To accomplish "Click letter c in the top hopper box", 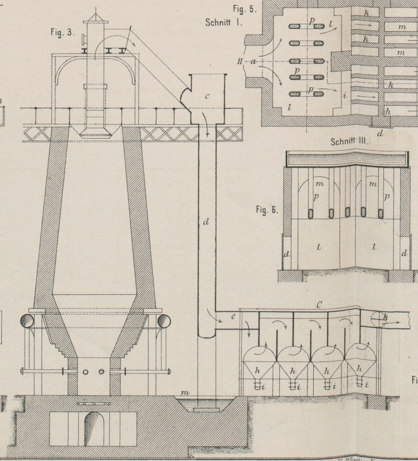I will click(207, 97).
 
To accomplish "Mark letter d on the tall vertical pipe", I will click(206, 222).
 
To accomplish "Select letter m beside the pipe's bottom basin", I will click(185, 393).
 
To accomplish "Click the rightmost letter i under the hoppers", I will click(366, 384).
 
